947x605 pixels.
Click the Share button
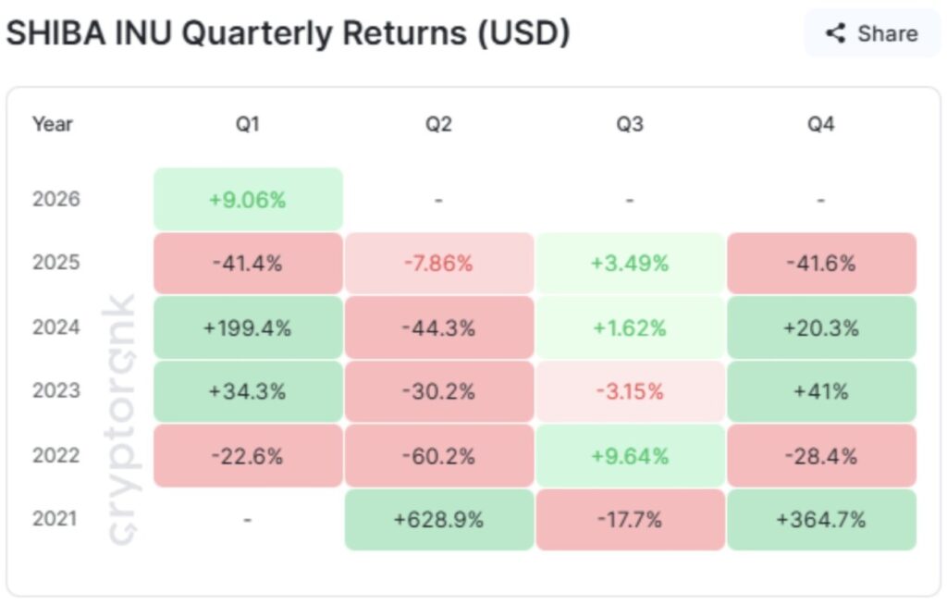(872, 34)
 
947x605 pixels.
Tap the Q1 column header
(248, 124)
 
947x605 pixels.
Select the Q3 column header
(630, 124)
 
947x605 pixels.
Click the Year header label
(53, 124)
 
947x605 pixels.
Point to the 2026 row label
(56, 199)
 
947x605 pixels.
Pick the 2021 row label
(56, 520)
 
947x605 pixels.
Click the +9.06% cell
(248, 199)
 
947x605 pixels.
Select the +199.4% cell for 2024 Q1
(248, 327)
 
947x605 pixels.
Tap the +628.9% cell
(438, 520)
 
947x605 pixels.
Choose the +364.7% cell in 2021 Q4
(821, 520)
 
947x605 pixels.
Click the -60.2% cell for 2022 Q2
(438, 456)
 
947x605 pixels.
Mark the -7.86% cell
(438, 264)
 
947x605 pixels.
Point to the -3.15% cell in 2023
(630, 391)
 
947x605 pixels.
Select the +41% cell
(821, 391)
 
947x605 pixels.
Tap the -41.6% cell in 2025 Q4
(821, 264)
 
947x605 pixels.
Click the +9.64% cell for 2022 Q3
(630, 456)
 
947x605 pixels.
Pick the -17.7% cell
(630, 520)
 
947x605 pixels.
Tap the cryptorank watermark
(121, 421)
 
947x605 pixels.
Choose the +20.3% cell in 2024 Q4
(821, 327)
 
